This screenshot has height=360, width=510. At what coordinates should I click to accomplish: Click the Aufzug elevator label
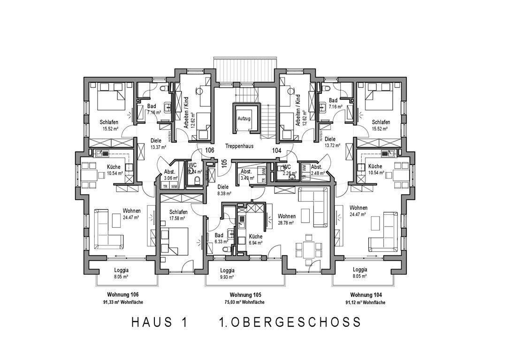tap(244, 119)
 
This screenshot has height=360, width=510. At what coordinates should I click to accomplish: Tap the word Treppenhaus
tap(239, 146)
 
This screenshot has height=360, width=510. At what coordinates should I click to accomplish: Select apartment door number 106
tap(210, 150)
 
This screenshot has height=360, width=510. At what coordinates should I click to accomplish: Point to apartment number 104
tap(276, 150)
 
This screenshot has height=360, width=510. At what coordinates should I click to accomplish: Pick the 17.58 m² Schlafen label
tap(178, 215)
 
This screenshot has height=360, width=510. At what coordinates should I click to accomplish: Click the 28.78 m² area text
tap(286, 223)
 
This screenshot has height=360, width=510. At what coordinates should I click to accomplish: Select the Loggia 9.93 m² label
tap(228, 274)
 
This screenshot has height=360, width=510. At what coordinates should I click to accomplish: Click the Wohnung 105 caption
tap(245, 295)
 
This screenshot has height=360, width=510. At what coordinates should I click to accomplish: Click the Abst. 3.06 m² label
tap(169, 175)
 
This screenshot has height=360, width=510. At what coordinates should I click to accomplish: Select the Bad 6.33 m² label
tap(219, 239)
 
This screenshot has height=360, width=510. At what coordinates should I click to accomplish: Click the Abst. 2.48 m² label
tap(317, 170)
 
